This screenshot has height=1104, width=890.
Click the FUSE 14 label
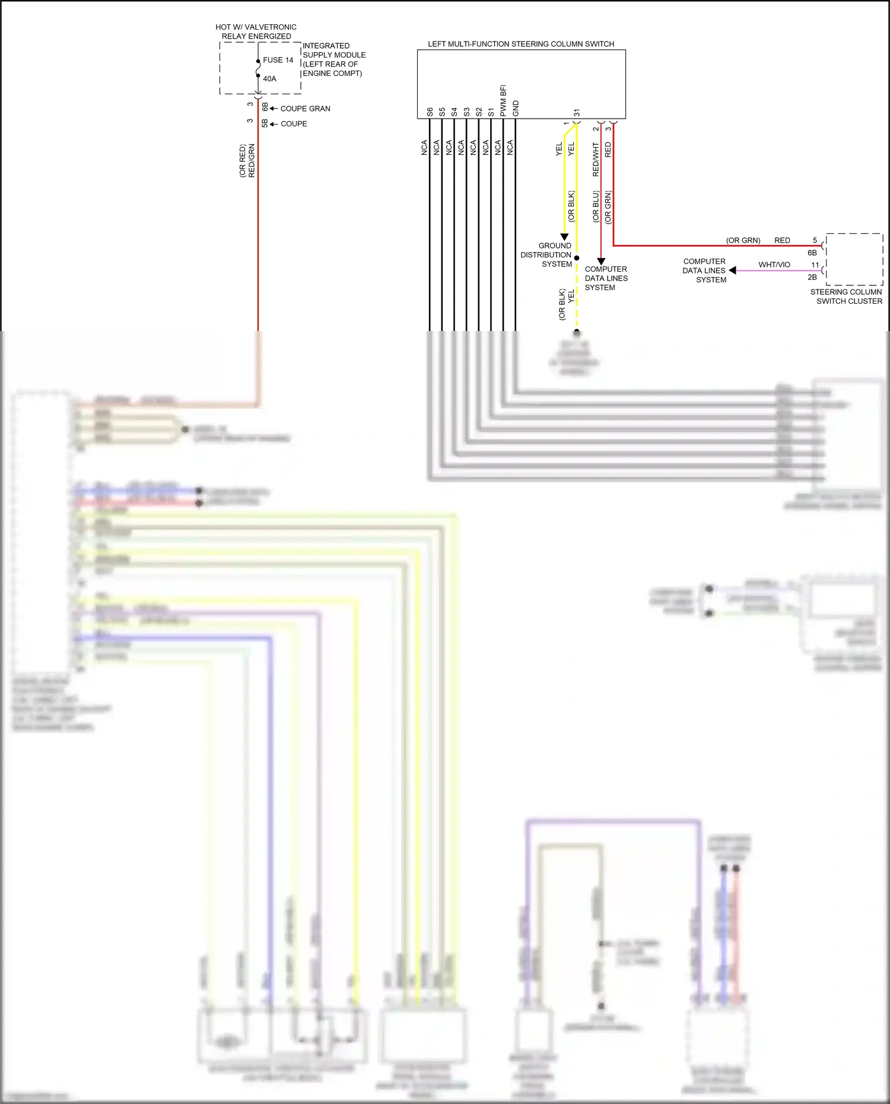tap(278, 60)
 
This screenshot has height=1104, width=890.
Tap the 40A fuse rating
tap(269, 78)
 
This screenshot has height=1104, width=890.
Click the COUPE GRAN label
tap(305, 109)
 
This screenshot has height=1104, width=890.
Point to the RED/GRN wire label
tap(252, 160)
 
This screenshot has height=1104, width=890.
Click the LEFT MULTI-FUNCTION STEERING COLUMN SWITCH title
tap(521, 44)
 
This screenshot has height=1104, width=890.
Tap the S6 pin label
tap(430, 112)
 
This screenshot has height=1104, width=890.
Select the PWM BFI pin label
tap(503, 100)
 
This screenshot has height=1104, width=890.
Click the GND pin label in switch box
tap(516, 109)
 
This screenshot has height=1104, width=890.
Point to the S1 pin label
tap(491, 112)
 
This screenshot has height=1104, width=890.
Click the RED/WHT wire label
tap(596, 159)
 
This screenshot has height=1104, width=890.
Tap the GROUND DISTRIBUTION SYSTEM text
tap(547, 254)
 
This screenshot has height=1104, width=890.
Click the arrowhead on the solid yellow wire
tap(564, 237)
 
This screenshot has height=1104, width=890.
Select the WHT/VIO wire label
tap(774, 265)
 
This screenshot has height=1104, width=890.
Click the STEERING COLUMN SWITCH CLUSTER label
tap(846, 296)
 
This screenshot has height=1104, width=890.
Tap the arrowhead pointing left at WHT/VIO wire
tap(733, 270)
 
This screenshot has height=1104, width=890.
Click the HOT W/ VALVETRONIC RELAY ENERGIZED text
tap(256, 31)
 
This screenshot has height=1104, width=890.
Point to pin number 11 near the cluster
tap(815, 265)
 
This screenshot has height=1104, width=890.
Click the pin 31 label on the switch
tap(577, 113)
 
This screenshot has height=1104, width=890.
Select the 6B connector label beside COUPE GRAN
tap(265, 107)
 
